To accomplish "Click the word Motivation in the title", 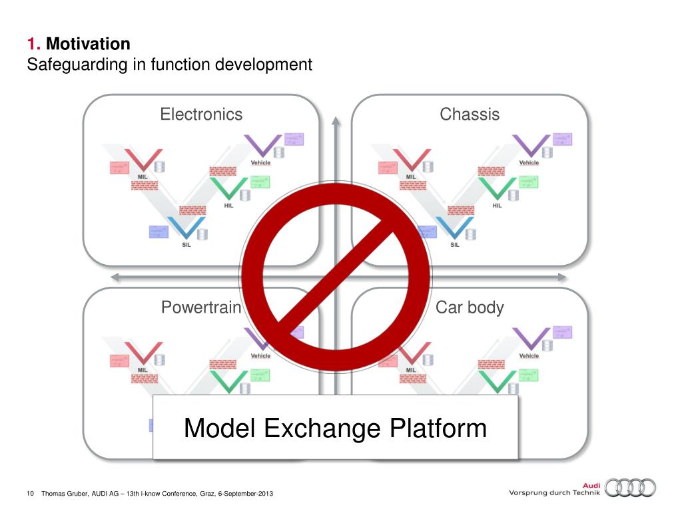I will pyautogui.click(x=89, y=45).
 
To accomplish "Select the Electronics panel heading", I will pyautogui.click(x=201, y=114).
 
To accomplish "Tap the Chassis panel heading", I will pyautogui.click(x=470, y=114).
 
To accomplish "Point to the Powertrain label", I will pyautogui.click(x=200, y=308).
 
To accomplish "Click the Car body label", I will pyautogui.click(x=470, y=308).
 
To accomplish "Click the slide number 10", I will pyautogui.click(x=29, y=493).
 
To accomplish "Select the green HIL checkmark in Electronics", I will pyautogui.click(x=226, y=188).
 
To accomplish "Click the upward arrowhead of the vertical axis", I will pyautogui.click(x=336, y=120).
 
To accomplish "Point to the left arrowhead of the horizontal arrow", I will pyautogui.click(x=115, y=277).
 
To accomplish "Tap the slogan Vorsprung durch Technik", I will pyautogui.click(x=554, y=492).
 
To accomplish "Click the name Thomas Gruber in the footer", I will pyautogui.click(x=65, y=493).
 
